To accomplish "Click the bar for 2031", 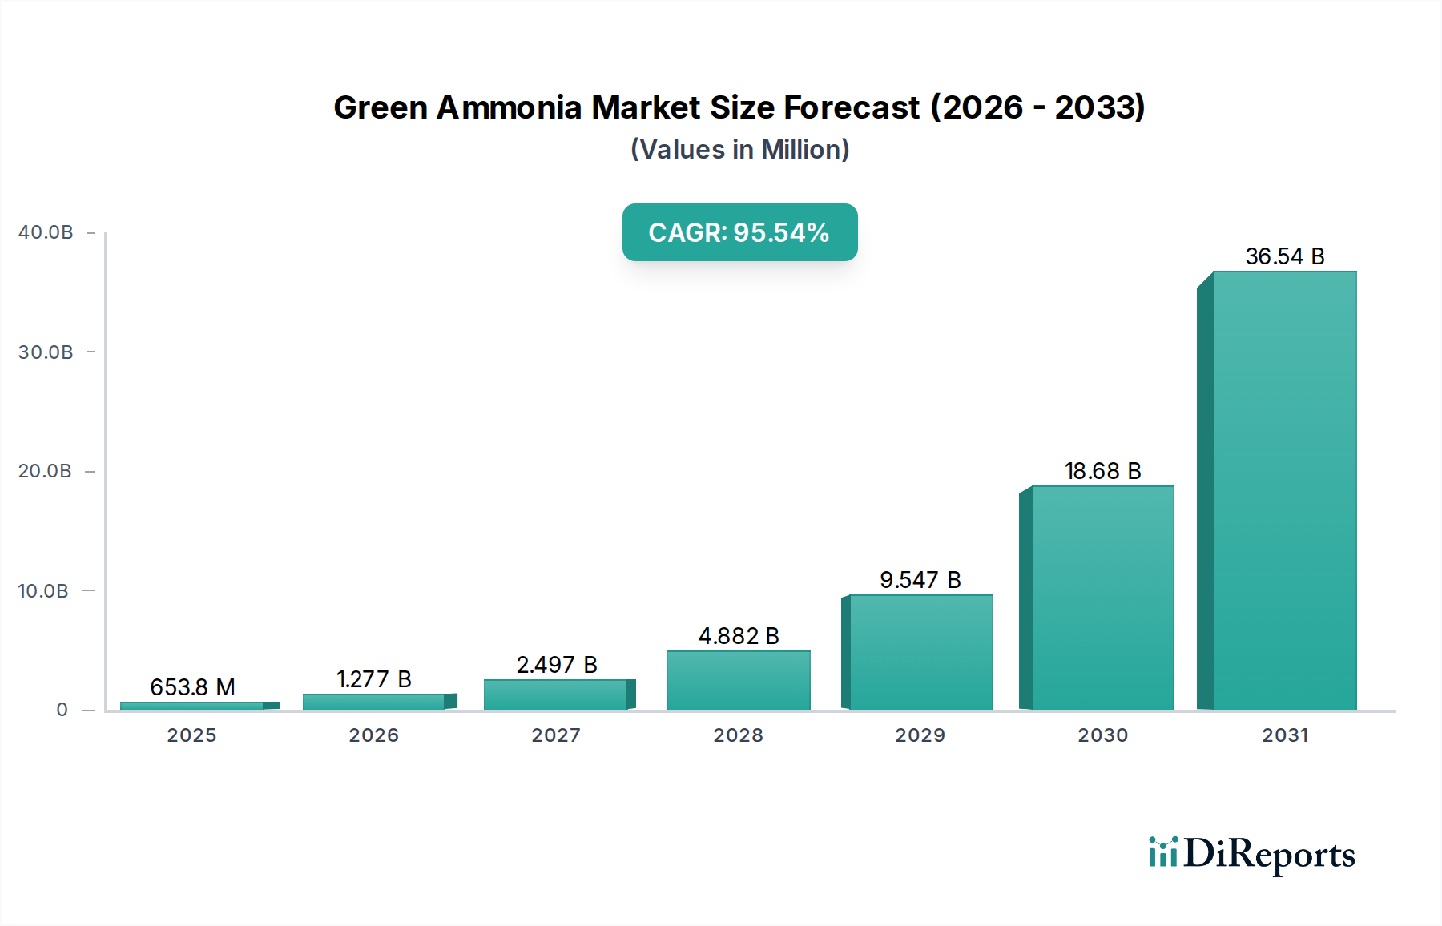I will point(1284,490).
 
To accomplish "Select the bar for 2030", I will point(1102,598).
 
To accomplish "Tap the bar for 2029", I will point(920,652).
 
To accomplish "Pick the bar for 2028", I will point(738,680).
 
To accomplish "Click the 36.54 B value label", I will point(1284,256).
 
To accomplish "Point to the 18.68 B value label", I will point(1102,471).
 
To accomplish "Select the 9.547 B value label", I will point(920,580).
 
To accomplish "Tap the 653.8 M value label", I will point(192,687).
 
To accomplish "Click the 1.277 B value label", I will point(373,679).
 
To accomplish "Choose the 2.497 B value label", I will point(557,665).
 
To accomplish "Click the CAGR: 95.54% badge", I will point(739,232).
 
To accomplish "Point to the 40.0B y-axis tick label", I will point(46,232).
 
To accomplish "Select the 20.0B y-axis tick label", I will point(46,471).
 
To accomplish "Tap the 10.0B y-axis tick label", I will point(43,591).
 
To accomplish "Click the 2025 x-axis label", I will point(191,735).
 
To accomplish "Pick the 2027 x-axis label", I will point(556,735).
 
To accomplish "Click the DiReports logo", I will point(1251,854).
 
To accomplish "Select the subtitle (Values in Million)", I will point(739,150).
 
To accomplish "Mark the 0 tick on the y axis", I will point(62,710).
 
